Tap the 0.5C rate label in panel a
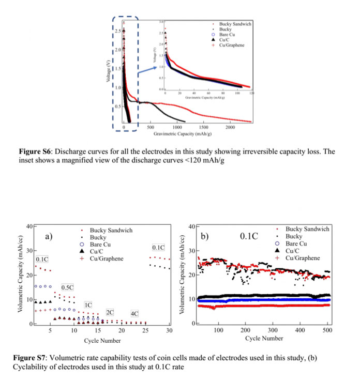67,287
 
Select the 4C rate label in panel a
134,314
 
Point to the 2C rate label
110,313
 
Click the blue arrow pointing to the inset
148,72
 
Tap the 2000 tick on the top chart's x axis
230,127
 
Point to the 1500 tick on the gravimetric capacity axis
203,127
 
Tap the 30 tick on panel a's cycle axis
169,330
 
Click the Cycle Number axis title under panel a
102,341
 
